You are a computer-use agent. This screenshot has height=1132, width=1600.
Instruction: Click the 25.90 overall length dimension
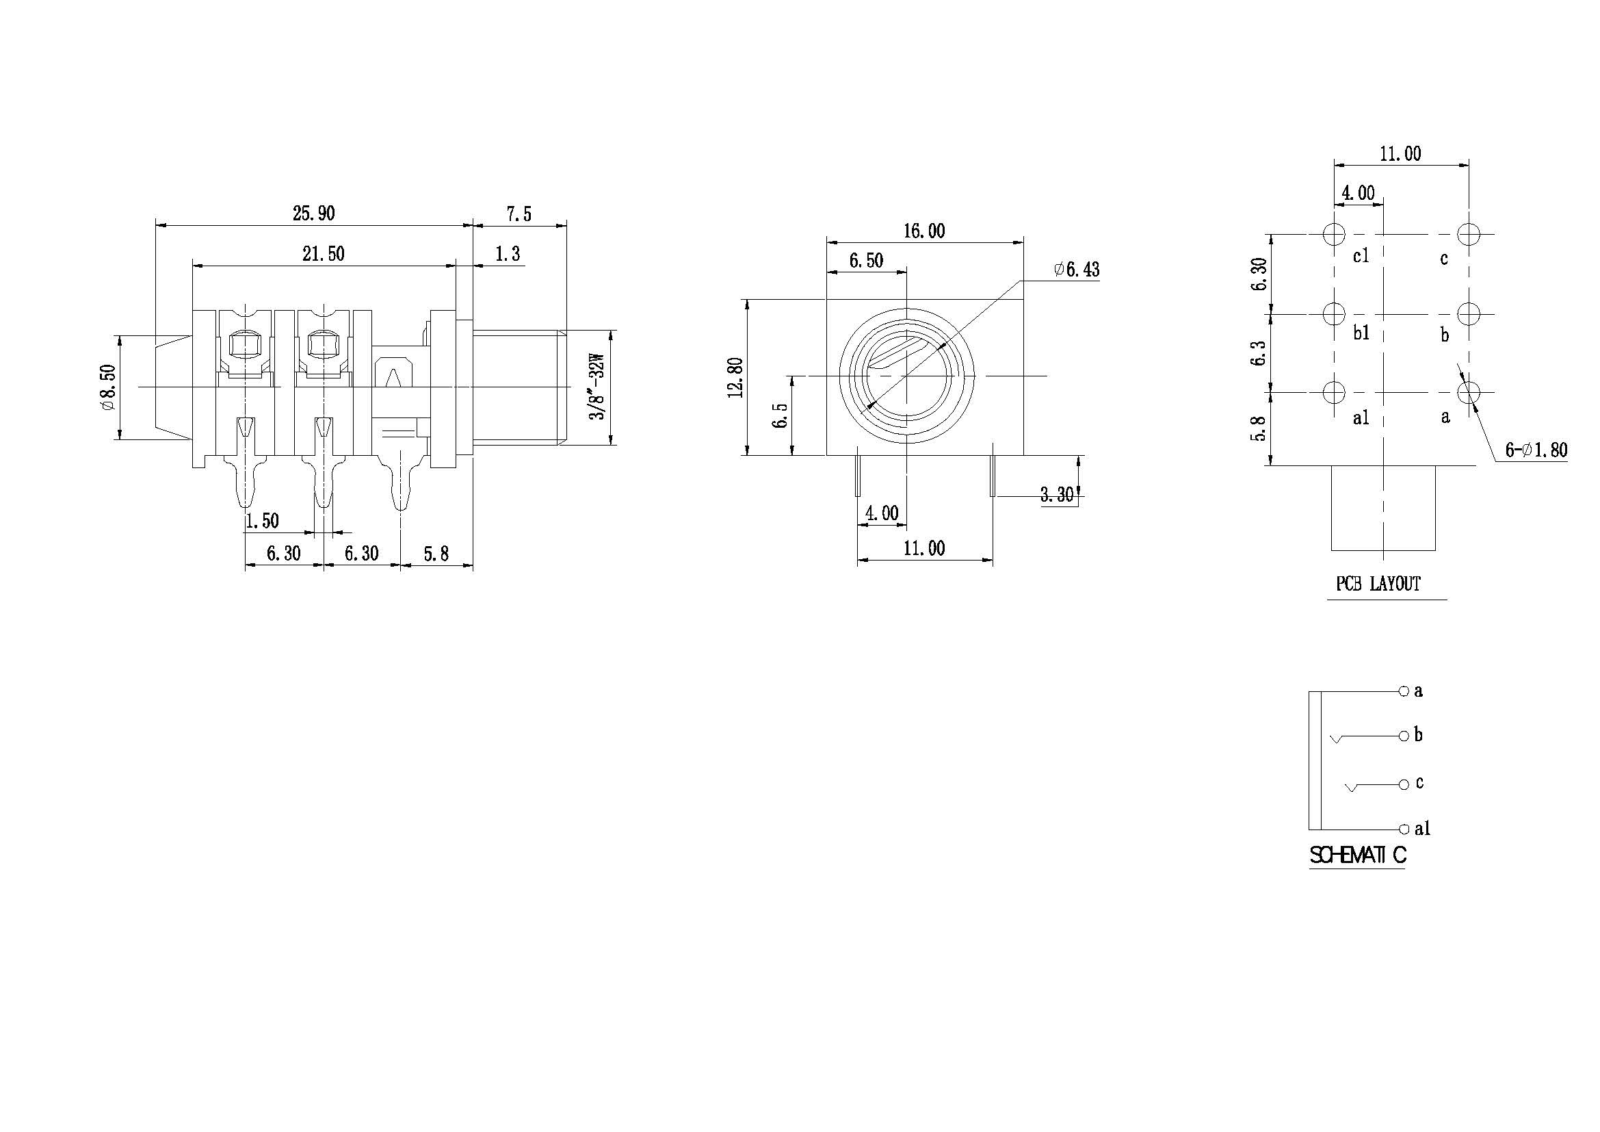[x=313, y=214]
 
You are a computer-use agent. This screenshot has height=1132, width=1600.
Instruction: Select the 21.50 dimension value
[x=324, y=254]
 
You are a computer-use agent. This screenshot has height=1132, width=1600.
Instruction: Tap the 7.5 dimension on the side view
[x=519, y=214]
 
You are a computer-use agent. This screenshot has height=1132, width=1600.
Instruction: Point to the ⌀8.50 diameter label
[x=107, y=387]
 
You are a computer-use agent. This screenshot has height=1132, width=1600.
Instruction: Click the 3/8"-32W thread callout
[x=598, y=387]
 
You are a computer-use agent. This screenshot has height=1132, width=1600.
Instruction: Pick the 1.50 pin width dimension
[x=262, y=520]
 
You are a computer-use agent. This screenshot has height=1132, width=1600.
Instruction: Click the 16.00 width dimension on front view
[x=924, y=231]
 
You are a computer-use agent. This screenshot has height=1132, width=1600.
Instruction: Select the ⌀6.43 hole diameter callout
[x=1077, y=269]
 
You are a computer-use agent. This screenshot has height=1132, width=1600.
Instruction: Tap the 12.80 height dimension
[x=735, y=377]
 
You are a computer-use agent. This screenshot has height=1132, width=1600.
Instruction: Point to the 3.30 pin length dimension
[x=1056, y=494]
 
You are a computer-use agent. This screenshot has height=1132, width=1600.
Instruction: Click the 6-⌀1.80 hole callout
[x=1536, y=450]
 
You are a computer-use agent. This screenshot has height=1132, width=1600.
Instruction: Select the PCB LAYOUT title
[x=1378, y=583]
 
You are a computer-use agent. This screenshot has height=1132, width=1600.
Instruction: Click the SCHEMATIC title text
[x=1357, y=855]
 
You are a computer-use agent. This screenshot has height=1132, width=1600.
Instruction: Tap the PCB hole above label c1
[x=1334, y=234]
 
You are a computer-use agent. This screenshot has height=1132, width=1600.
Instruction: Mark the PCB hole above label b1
[x=1334, y=313]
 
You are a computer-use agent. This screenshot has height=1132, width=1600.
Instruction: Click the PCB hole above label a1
[x=1334, y=391]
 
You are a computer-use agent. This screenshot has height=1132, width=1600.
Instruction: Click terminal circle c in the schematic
[x=1404, y=784]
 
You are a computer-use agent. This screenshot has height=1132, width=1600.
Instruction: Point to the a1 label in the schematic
[x=1422, y=829]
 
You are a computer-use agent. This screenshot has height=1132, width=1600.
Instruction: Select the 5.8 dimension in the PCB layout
[x=1259, y=428]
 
